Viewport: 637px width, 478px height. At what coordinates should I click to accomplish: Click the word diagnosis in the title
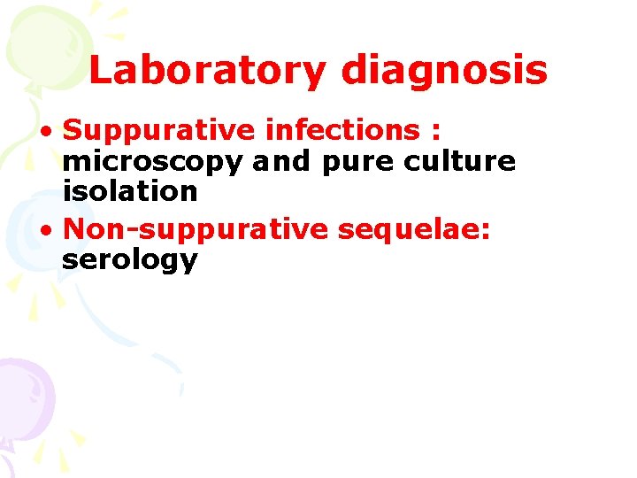444,70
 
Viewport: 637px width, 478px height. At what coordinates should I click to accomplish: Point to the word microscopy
152,162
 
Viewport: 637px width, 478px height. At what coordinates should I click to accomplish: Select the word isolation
129,190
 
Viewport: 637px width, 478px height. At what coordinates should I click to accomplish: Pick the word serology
129,260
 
